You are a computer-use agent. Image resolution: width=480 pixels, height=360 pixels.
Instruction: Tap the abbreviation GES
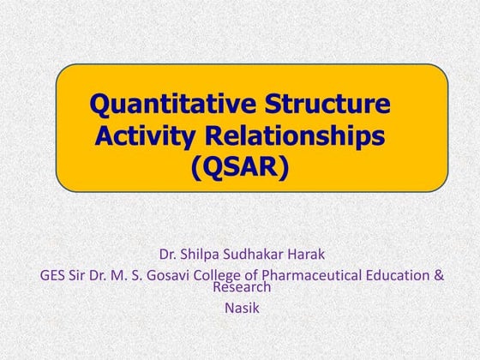(x=54, y=276)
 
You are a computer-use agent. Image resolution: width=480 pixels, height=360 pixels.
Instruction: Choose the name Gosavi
(x=175, y=276)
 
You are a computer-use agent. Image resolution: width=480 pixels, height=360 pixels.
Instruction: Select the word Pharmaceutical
(x=318, y=276)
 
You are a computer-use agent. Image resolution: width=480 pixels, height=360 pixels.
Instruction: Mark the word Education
(x=403, y=276)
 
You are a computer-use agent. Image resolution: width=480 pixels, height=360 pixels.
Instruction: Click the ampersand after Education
(x=439, y=276)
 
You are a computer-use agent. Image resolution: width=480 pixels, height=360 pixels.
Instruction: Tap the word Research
(x=242, y=288)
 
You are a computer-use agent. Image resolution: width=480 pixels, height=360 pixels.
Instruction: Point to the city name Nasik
(x=241, y=307)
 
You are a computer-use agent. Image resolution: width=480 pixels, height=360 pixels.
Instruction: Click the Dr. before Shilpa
(x=170, y=255)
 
